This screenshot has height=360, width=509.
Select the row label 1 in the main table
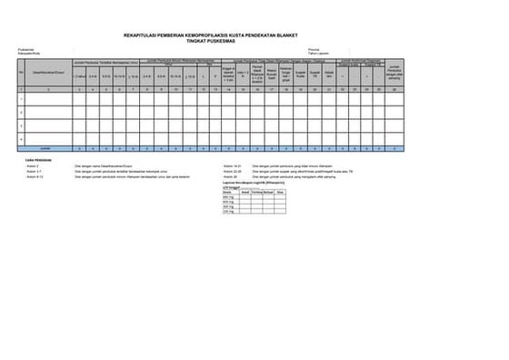tap(22, 100)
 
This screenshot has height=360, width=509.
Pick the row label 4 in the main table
tap(22, 138)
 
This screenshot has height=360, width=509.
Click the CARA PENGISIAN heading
tap(37, 159)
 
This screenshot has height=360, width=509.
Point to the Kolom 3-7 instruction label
tap(33, 171)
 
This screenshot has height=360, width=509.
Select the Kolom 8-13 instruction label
tap(34, 176)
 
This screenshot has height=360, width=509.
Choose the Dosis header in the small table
tap(227, 193)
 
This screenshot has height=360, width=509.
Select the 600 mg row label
tap(228, 202)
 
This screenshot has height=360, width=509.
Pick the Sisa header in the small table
tap(281, 193)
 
